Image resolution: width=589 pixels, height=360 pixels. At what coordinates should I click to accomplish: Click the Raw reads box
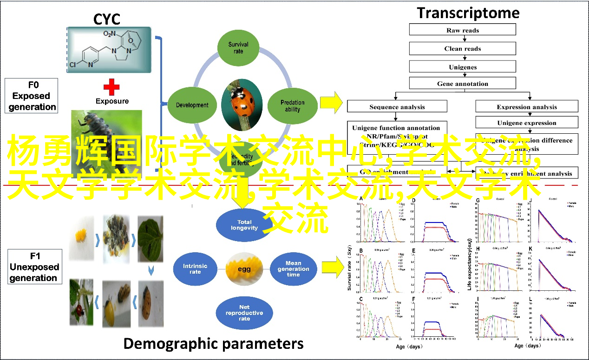click(462, 30)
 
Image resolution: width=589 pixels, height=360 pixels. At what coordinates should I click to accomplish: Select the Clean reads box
click(462, 48)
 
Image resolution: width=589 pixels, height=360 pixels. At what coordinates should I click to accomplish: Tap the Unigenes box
click(462, 66)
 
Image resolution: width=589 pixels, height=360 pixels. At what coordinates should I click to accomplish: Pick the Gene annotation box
click(462, 84)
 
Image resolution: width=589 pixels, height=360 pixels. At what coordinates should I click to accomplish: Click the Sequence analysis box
click(397, 107)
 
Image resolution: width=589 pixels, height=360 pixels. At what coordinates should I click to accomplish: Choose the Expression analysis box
click(526, 107)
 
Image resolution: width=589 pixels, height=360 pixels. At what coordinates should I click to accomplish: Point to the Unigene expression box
click(526, 123)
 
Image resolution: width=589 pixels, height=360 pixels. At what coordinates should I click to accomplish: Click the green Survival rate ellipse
click(238, 47)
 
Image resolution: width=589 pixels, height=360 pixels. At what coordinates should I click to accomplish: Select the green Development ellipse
click(192, 105)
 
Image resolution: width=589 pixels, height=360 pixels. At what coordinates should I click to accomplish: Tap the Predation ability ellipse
click(293, 105)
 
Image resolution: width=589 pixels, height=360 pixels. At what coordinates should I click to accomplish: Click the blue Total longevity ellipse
click(244, 225)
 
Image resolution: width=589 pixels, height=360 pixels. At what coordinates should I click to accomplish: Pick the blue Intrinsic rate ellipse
click(195, 268)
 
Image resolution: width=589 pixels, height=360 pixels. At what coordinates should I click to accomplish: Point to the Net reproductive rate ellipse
click(244, 313)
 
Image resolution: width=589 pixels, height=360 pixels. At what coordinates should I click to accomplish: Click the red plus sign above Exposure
click(111, 86)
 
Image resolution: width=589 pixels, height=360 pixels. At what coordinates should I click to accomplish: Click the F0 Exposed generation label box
click(32, 96)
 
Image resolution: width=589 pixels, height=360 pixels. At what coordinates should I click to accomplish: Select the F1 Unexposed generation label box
click(34, 267)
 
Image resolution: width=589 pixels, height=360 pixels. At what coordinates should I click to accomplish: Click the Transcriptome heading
click(468, 13)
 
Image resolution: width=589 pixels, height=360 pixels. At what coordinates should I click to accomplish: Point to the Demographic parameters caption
click(213, 343)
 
